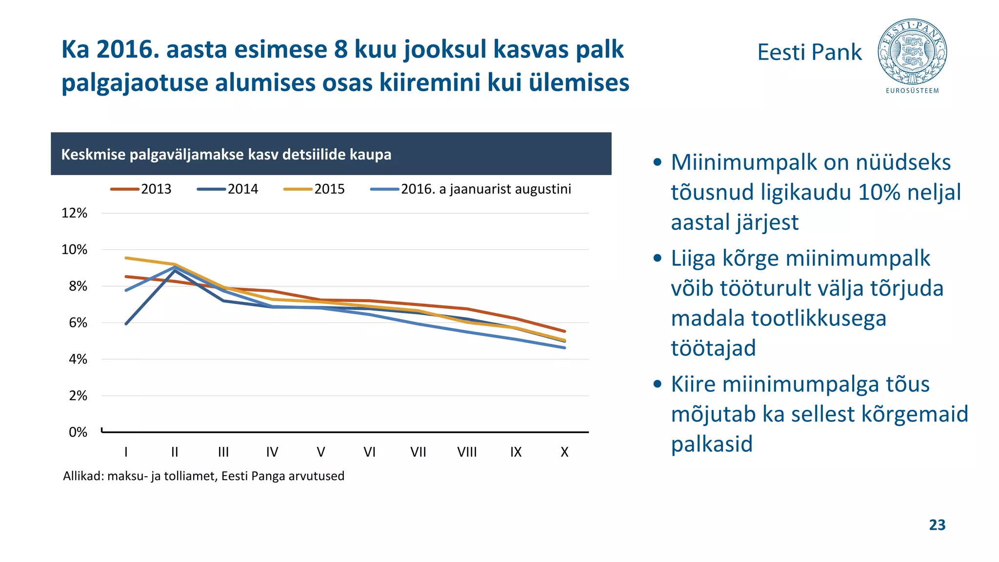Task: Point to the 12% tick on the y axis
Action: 74,213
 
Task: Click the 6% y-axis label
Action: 78,323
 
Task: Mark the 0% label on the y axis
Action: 78,432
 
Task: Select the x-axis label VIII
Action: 467,452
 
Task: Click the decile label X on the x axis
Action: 564,452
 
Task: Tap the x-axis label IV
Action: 272,452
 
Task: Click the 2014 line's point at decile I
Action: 126,323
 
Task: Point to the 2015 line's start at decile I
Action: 126,258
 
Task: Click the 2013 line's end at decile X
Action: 565,331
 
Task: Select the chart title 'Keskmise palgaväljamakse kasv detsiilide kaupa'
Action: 226,155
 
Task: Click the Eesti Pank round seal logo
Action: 912,52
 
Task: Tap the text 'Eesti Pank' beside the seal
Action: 809,52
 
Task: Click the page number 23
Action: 937,525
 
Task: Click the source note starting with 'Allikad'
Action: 203,476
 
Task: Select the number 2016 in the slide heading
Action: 128,50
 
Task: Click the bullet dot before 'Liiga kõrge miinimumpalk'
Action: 658,259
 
